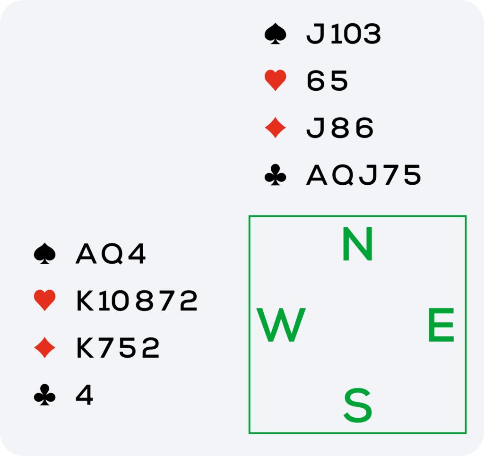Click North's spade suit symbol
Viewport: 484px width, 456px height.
pos(276,34)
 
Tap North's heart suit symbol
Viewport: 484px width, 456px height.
pos(276,81)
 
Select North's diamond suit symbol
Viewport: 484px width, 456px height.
pos(276,128)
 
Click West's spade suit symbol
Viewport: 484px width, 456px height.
pos(45,254)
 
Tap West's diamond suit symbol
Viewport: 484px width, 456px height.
pos(45,348)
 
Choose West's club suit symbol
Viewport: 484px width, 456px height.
pos(45,396)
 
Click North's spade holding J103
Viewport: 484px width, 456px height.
pos(344,34)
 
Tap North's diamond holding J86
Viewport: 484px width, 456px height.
pos(340,128)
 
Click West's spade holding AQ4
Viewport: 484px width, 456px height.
pos(111,254)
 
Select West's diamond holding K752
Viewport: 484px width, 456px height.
pos(118,348)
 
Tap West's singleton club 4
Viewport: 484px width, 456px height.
pos(85,396)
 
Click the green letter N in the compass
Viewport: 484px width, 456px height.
pos(358,244)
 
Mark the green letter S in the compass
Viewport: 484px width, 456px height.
pos(358,405)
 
